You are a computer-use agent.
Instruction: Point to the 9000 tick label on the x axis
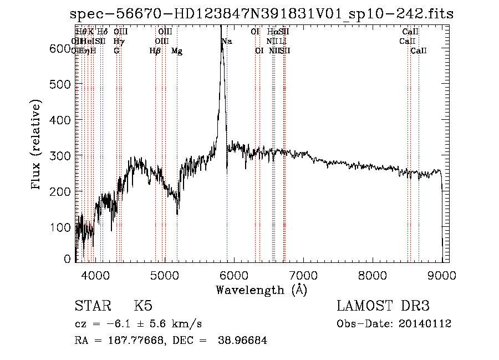click(x=442, y=275)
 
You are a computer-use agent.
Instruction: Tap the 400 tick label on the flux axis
click(x=60, y=120)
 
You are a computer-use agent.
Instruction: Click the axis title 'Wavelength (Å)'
click(x=261, y=290)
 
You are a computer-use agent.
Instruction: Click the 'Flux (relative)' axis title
click(x=37, y=146)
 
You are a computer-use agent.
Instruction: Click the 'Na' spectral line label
click(x=227, y=42)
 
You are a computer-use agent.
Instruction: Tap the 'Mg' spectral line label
click(x=177, y=51)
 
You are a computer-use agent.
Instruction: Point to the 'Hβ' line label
click(x=155, y=51)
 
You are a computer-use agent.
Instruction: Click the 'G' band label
click(x=116, y=51)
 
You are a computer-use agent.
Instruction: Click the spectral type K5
click(x=143, y=307)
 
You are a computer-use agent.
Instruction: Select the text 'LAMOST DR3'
click(x=383, y=307)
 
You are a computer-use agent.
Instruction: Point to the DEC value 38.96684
click(x=244, y=341)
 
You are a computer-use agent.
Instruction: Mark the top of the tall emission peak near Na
click(x=221, y=42)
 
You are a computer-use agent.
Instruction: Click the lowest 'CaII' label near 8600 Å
click(x=419, y=51)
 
